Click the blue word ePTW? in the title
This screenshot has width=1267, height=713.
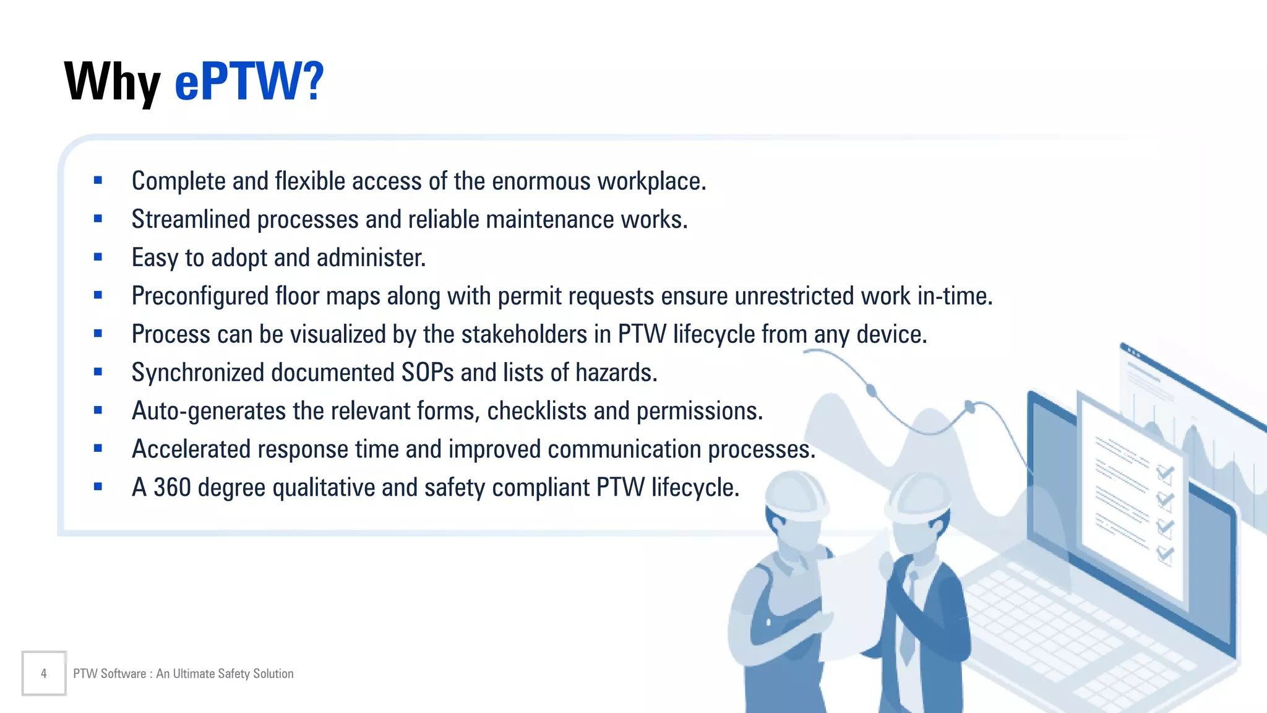point(249,82)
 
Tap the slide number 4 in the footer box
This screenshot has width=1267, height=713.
point(43,673)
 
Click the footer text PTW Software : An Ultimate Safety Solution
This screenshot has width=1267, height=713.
point(183,673)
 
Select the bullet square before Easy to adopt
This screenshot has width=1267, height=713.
point(98,257)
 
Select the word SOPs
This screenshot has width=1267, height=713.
point(427,373)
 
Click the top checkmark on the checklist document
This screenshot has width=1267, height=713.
point(1165,473)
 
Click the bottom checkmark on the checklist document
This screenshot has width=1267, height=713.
point(1165,553)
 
